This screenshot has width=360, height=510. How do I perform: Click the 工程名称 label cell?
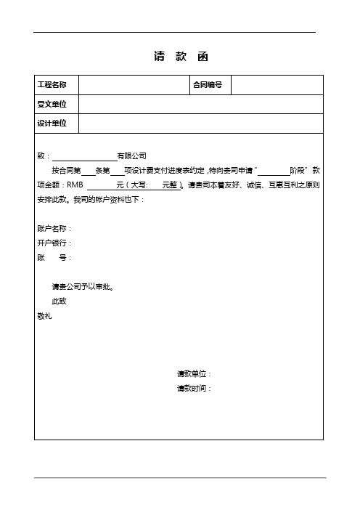pos(52,85)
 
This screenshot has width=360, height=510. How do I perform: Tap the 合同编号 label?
pos(207,85)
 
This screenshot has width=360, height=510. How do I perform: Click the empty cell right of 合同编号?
pos(277,85)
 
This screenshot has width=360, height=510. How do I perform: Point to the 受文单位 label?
pos(52,105)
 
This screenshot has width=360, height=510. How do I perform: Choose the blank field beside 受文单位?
pos(200,105)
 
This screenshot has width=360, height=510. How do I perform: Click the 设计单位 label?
pos(52,124)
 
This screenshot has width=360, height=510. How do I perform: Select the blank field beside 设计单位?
pos(200,124)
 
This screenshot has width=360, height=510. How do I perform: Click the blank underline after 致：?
pos(84,155)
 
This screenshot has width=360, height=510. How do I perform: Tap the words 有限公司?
pos(132,155)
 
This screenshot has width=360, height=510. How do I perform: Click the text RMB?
pos(76,185)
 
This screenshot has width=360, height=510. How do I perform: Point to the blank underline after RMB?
pos(101,185)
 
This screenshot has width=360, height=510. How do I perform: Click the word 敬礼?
pos(44,315)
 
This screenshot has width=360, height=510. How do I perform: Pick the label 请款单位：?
pos(195,374)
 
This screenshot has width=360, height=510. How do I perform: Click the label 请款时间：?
pos(195,389)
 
